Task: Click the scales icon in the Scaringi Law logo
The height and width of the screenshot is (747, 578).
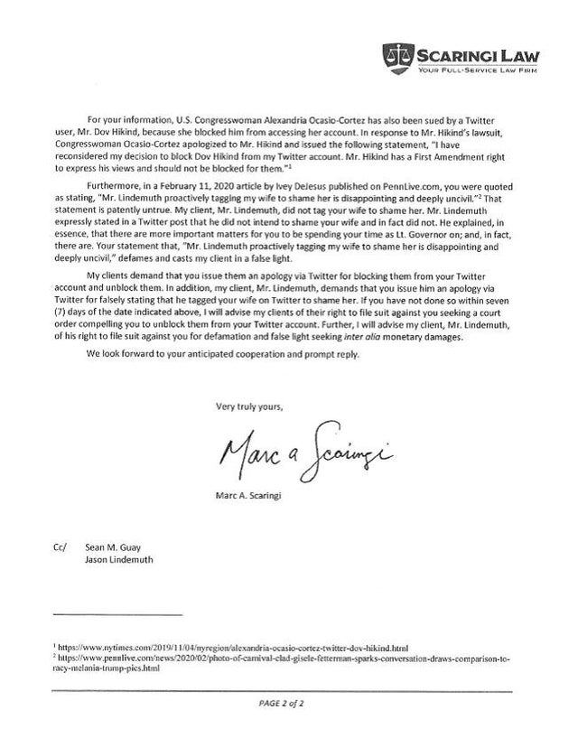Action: tap(394, 53)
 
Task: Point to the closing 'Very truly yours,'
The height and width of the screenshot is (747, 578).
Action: tap(248, 406)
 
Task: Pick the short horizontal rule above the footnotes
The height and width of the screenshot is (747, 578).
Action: tap(117, 615)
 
